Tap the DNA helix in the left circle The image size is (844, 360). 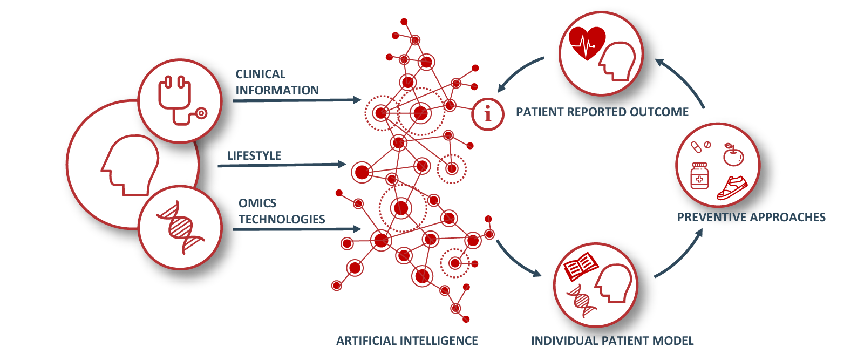click(180, 228)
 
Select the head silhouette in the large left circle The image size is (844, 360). click(130, 165)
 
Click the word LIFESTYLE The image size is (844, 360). click(254, 155)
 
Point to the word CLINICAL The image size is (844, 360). click(260, 74)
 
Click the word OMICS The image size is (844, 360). click(257, 203)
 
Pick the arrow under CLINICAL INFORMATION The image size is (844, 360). click(297, 100)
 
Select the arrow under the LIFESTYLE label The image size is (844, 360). click(282, 165)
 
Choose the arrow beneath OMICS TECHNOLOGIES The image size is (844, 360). click(297, 229)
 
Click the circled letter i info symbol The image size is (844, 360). click(488, 114)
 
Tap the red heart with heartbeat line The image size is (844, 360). click(587, 43)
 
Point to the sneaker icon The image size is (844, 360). click(732, 188)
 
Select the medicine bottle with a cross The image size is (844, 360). click(699, 175)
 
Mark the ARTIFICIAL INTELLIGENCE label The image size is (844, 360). click(407, 341)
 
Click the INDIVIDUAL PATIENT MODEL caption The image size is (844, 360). click(612, 341)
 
